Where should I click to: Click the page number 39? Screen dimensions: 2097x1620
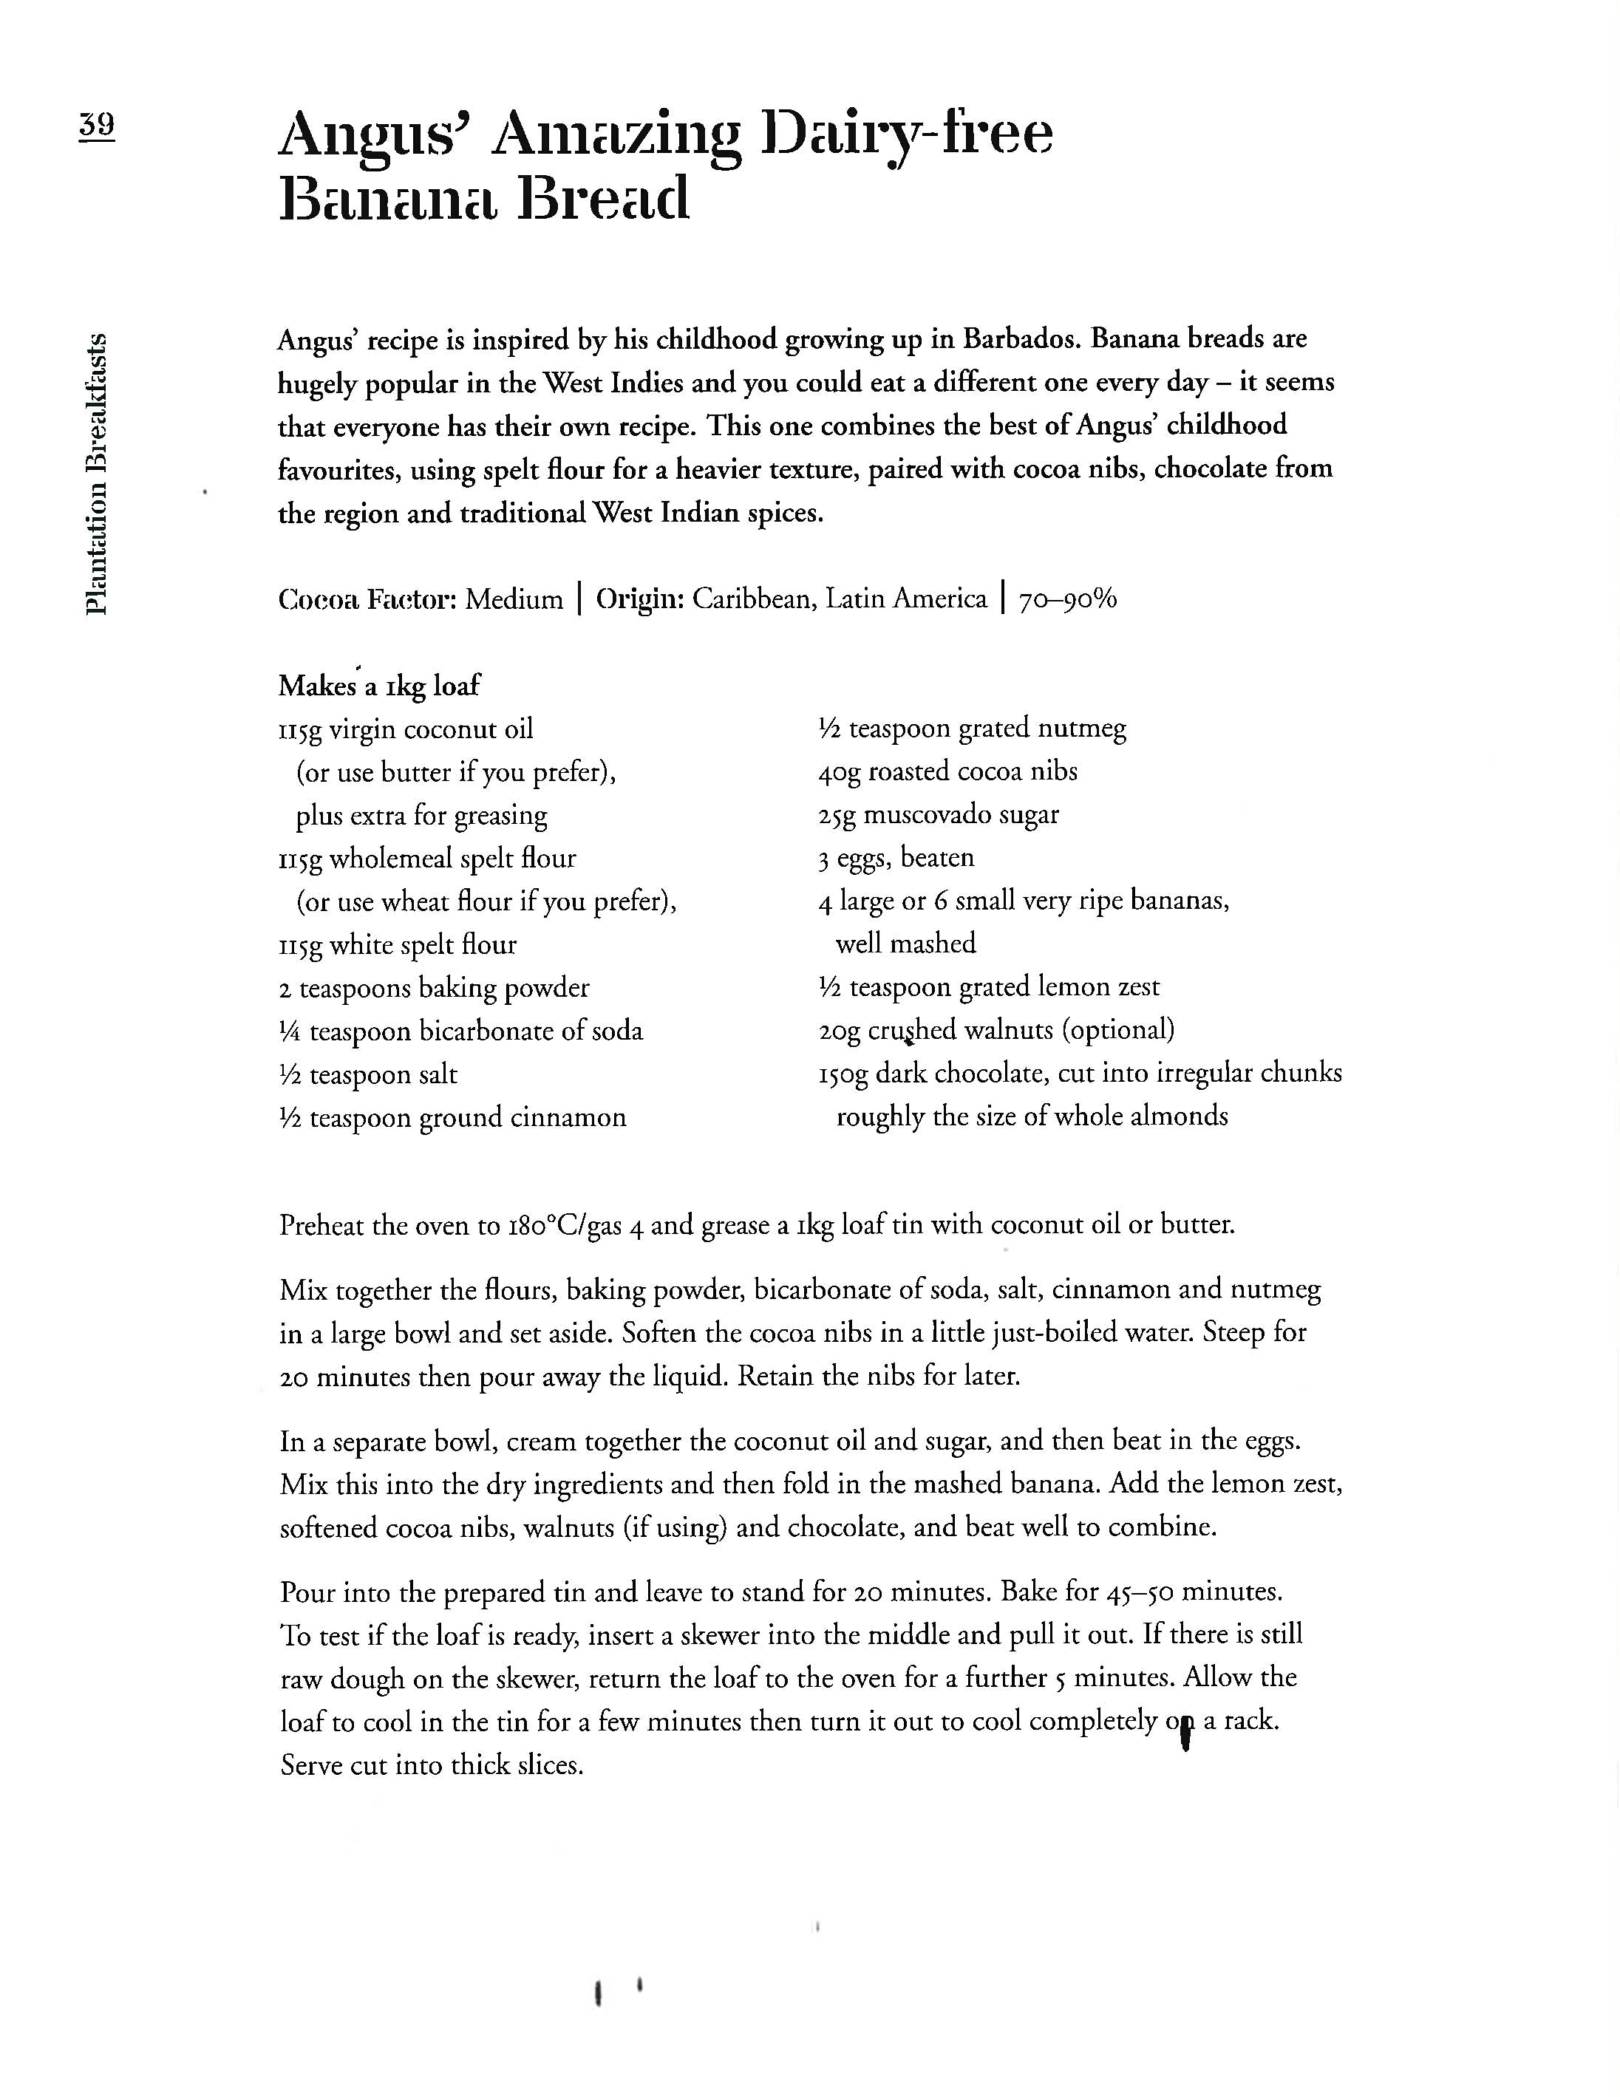[x=96, y=125]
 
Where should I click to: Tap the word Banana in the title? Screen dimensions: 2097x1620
[x=389, y=199]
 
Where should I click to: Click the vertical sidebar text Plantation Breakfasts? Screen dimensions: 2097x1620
[x=96, y=472]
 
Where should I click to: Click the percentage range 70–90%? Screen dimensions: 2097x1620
[x=1068, y=599]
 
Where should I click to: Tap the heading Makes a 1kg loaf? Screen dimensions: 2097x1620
[x=378, y=686]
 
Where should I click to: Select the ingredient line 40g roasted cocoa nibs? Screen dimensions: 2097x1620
[x=947, y=771]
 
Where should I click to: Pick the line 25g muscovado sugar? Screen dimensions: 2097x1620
[x=938, y=814]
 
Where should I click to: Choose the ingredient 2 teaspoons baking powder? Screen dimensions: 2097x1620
[x=434, y=988]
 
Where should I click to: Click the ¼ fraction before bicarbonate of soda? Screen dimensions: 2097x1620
[x=289, y=1032]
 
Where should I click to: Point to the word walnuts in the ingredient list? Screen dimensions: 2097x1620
[x=1007, y=1030]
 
